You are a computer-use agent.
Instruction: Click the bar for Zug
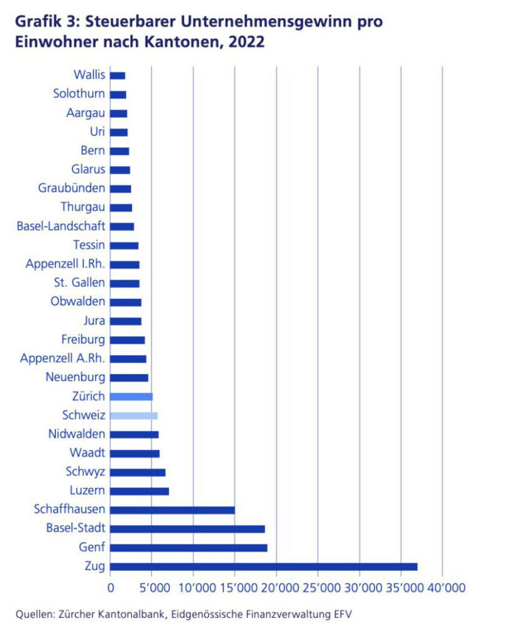[263, 567]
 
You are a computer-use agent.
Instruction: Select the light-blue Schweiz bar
[133, 416]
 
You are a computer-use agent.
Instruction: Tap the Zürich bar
[131, 396]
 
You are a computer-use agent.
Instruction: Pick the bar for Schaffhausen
[172, 510]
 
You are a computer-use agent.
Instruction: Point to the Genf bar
[188, 548]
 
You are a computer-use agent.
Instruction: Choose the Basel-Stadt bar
[187, 529]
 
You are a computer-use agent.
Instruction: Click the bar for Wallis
[117, 76]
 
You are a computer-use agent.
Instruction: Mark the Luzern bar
[139, 491]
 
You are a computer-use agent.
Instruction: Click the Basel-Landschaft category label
[61, 226]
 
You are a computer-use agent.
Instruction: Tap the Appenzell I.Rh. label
[65, 264]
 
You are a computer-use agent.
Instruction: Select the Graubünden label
[72, 188]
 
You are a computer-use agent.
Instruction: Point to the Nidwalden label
[77, 434]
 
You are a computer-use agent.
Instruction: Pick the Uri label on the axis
[97, 132]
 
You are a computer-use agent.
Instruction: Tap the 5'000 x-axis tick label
[152, 588]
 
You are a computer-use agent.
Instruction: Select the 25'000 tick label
[318, 588]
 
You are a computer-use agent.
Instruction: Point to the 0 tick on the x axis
[110, 588]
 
